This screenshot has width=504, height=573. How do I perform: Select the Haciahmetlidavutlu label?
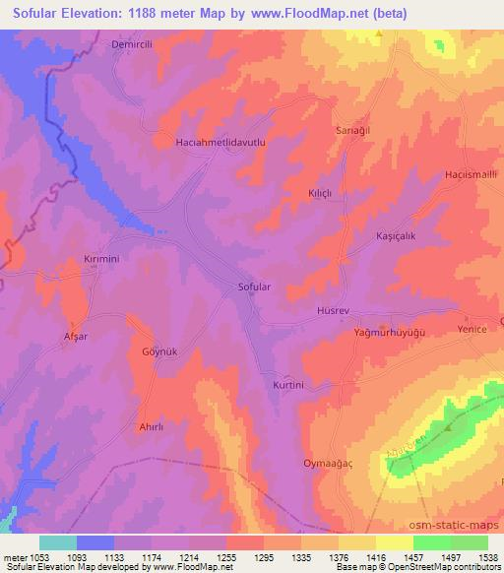[221, 142]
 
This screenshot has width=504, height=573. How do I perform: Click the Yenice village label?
[472, 329]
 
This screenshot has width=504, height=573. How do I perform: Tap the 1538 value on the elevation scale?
[488, 558]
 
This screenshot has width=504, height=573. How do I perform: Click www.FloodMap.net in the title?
[305, 13]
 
